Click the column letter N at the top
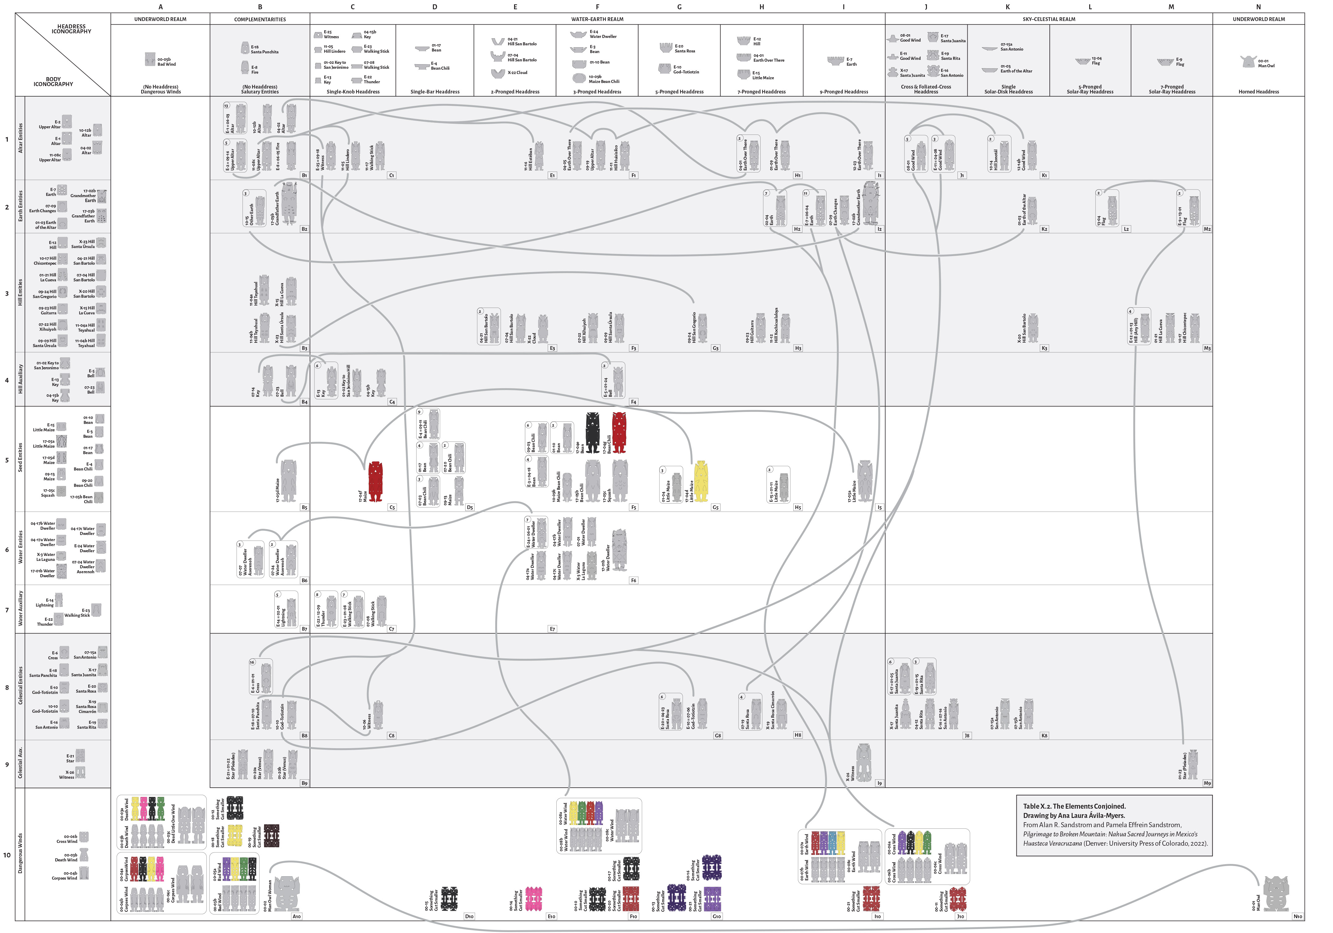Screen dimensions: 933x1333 1258,7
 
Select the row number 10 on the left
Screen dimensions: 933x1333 7,855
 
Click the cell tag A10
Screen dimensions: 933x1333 296,916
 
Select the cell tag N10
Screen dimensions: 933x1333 1298,916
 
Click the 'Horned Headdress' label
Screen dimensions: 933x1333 1258,92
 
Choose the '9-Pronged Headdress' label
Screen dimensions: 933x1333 844,92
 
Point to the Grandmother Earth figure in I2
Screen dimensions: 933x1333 870,203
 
